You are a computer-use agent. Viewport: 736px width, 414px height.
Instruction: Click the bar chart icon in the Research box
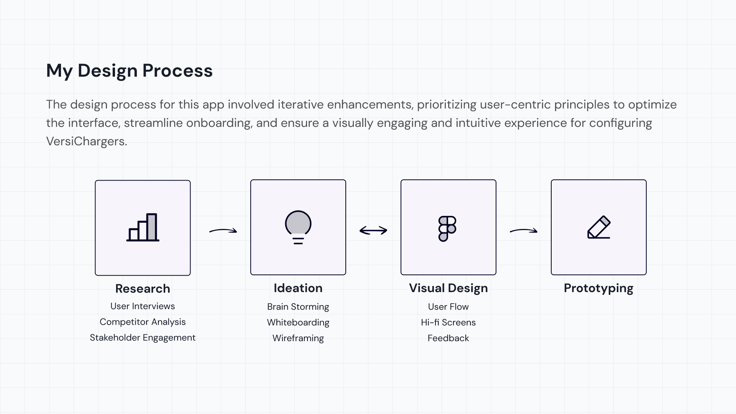(143, 227)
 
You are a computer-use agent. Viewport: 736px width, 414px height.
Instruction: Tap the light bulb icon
(298, 227)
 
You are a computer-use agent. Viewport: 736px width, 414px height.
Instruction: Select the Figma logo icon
(447, 228)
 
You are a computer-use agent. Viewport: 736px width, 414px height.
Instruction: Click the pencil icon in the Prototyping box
(599, 227)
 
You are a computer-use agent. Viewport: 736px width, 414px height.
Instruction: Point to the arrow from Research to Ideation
(223, 231)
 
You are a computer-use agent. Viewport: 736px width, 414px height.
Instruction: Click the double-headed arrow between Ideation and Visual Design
(373, 230)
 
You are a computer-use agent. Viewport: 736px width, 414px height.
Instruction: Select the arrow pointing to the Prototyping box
(524, 231)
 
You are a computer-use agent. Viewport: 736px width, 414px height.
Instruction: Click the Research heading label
(143, 289)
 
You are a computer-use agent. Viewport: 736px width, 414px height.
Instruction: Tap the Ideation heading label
(298, 288)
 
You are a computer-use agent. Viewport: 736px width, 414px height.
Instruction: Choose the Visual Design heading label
(449, 288)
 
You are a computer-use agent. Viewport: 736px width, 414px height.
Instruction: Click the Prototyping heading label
(599, 288)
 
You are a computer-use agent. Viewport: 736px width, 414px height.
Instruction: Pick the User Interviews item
(143, 306)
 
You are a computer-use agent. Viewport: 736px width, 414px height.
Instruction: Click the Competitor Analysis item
(143, 322)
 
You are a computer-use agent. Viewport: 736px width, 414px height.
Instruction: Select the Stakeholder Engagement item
(143, 338)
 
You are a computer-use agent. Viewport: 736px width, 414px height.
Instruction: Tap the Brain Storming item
(298, 307)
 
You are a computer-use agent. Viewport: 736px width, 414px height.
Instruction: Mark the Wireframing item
(298, 338)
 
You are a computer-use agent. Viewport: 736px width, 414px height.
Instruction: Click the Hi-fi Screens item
(449, 323)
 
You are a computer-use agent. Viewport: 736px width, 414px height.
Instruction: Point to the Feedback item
(449, 338)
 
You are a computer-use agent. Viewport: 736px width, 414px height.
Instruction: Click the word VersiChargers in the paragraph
(86, 141)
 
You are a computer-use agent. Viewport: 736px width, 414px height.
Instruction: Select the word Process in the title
(177, 71)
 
